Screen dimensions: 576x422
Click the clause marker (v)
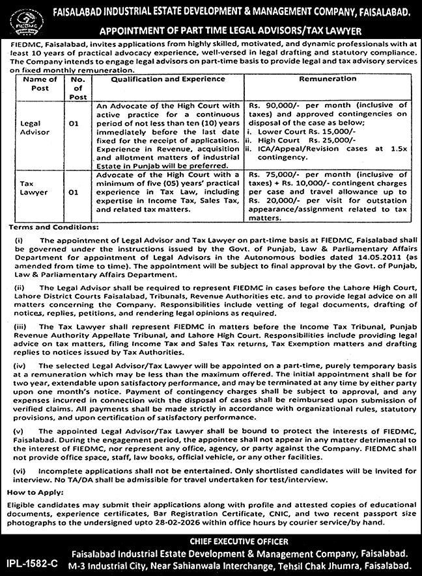coord(15,432)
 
